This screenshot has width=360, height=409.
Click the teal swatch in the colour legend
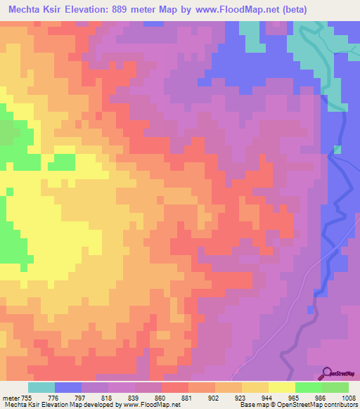coord(41,387)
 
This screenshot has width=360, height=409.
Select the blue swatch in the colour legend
coord(68,387)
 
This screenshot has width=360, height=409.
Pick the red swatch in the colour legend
coord(175,387)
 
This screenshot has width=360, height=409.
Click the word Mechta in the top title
coord(27,8)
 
